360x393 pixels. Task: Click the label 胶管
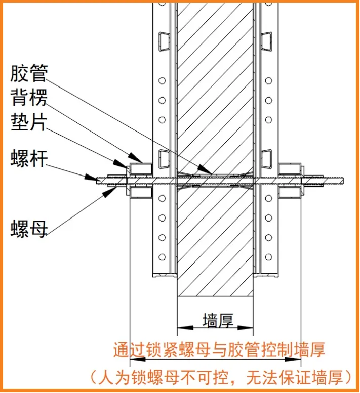(x=29, y=74)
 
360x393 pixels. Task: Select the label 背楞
(x=29, y=98)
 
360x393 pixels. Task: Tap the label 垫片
(x=29, y=121)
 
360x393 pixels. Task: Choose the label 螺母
(x=29, y=229)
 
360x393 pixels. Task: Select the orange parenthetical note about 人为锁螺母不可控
(x=221, y=377)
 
